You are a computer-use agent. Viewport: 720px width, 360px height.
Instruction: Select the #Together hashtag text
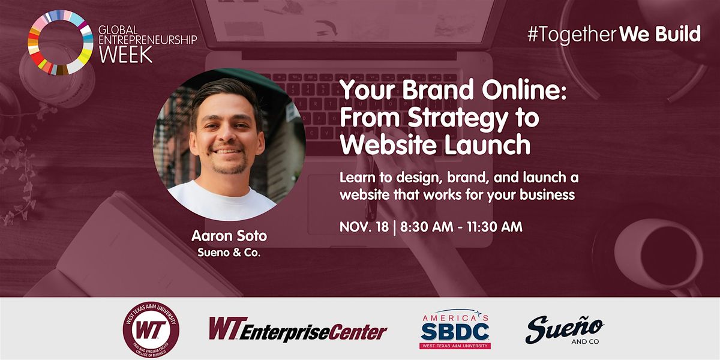(571, 34)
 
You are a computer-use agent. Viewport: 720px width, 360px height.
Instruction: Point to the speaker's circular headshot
(229, 145)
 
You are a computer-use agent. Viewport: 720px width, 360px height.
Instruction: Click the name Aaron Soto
(229, 236)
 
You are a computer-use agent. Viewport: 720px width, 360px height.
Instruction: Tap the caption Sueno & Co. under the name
(229, 253)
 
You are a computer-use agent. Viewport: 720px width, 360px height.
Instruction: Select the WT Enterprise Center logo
(298, 329)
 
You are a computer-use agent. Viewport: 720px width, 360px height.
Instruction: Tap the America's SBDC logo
(455, 329)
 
